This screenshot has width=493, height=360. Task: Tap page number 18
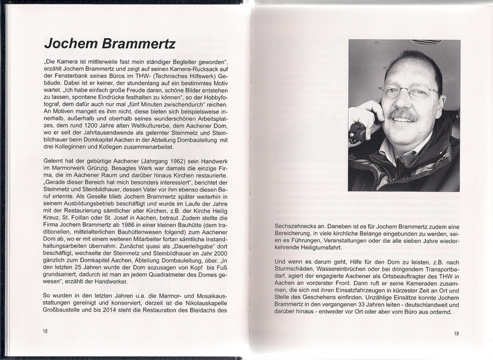[x=45, y=331]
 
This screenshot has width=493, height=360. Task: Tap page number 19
[x=456, y=333]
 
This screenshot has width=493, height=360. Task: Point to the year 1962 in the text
[x=158, y=160]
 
